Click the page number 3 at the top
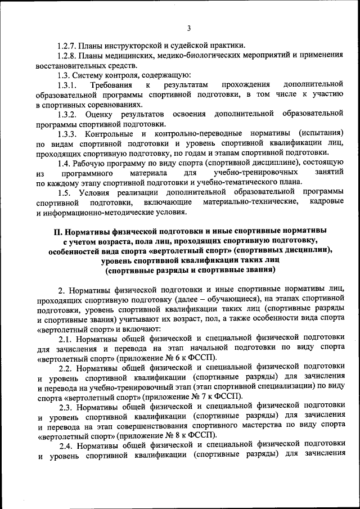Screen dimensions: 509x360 pos(190,29)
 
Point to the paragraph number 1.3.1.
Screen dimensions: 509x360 pos(66,85)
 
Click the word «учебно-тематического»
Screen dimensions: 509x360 pos(227,183)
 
